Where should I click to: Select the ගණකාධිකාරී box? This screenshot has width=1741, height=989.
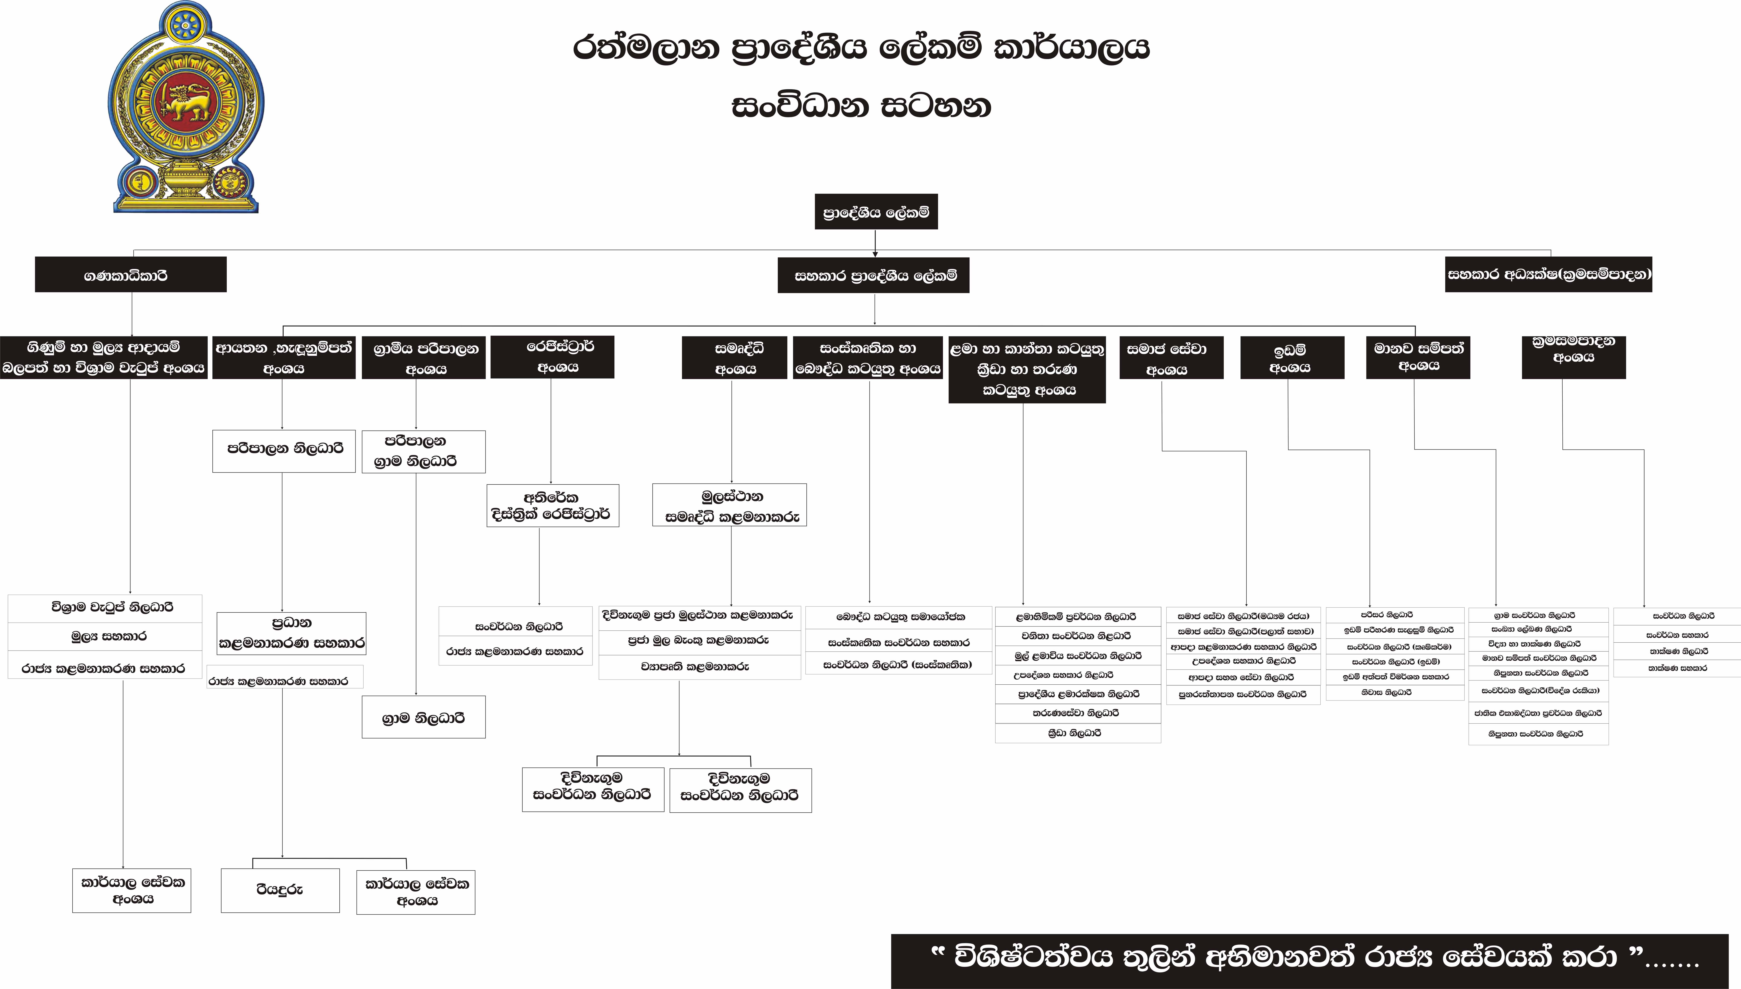click(130, 274)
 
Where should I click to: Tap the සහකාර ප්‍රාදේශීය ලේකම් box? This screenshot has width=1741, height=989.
click(874, 275)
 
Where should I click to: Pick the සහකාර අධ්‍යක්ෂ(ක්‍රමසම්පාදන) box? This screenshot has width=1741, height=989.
click(1548, 274)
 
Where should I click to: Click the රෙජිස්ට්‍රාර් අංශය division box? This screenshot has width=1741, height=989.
click(552, 357)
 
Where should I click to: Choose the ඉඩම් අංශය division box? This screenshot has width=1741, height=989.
click(1292, 357)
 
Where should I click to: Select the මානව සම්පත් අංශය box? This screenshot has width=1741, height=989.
click(1418, 357)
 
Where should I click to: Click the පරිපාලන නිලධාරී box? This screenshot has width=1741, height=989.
click(284, 450)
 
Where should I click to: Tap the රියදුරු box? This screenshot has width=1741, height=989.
click(280, 890)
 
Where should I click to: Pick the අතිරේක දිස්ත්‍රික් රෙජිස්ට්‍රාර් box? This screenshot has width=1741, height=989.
click(552, 505)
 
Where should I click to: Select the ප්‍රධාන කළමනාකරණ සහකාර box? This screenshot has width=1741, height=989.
click(291, 633)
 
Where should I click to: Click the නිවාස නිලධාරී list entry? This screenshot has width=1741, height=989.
click(1395, 692)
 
